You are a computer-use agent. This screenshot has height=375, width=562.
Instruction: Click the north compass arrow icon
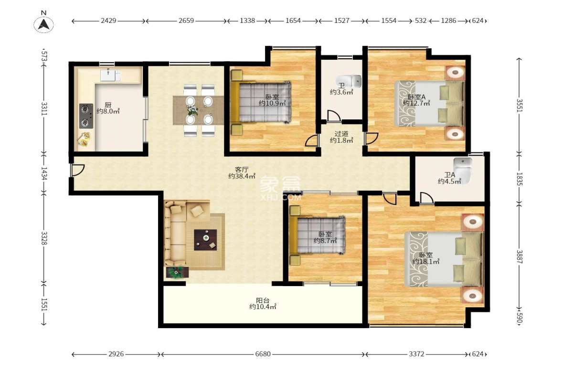point(44,25)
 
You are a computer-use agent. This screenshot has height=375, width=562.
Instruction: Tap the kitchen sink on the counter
point(110,75)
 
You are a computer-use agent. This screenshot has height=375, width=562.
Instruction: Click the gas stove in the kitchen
point(86,116)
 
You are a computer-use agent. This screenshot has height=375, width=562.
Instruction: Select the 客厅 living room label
point(242,169)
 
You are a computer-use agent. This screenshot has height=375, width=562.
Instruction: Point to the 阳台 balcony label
point(263,300)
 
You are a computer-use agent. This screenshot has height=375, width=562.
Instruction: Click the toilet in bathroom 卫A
point(463,171)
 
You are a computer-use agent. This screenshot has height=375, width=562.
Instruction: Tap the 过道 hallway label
point(341,134)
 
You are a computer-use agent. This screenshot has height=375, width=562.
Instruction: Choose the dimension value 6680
point(263,354)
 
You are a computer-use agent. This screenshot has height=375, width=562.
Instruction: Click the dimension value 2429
point(108,21)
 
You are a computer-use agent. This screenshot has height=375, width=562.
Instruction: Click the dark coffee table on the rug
point(205,240)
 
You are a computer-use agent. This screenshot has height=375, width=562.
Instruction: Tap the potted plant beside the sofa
point(177,272)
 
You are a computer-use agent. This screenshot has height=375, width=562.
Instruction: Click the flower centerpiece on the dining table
point(192,110)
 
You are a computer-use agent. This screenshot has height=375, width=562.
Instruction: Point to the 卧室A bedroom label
point(416,97)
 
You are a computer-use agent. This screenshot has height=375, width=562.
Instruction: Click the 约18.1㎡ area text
point(426,262)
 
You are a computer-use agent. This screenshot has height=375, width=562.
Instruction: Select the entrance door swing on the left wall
point(77,170)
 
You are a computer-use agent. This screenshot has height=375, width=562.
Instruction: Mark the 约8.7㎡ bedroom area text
point(325,241)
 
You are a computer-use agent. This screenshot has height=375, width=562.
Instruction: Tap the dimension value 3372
point(416,354)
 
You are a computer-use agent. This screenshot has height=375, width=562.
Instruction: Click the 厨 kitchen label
point(108,105)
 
